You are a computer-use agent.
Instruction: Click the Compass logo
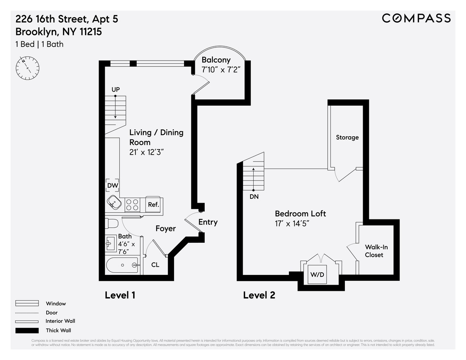[x=416, y=18]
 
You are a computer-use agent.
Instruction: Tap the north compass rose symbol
[x=28, y=68]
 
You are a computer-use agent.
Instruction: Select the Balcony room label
[x=216, y=60]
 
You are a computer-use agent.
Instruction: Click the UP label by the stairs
[x=115, y=90]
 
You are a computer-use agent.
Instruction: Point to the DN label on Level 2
[x=254, y=197]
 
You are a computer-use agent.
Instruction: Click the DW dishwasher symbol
[x=113, y=186]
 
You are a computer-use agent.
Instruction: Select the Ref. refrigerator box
[x=154, y=204]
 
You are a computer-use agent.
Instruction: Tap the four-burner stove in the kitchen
[x=132, y=204]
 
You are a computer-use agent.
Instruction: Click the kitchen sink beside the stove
[x=115, y=202]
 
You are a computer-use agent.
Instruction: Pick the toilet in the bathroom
[x=112, y=224]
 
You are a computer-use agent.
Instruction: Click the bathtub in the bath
[x=122, y=265]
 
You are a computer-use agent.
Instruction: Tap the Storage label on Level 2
[x=347, y=137]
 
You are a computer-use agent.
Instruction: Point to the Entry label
[x=208, y=222]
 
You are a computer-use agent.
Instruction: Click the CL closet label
[x=155, y=265]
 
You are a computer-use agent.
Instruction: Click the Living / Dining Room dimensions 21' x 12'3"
[x=149, y=153]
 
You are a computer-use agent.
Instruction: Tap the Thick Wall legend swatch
[x=27, y=330]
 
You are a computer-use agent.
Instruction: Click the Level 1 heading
[x=120, y=295]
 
